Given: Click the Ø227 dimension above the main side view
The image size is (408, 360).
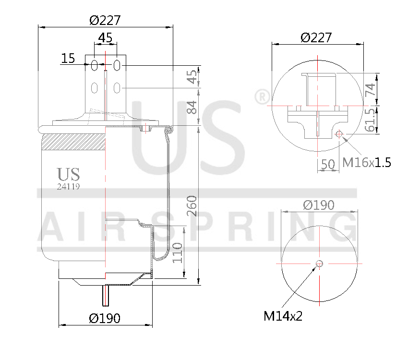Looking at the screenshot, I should pos(105,20).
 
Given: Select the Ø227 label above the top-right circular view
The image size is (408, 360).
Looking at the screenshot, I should pos(316,37).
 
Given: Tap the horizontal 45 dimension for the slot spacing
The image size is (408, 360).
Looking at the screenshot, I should pos(105,37).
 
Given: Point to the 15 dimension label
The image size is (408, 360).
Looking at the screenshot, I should pos(68,59).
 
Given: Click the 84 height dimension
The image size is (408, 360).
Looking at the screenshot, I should pos(192,107).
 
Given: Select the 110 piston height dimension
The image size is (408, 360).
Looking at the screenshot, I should pos(177,251).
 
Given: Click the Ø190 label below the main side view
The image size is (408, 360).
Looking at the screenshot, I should pos(105,318).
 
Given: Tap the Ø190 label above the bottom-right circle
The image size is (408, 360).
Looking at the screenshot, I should pos(319,205).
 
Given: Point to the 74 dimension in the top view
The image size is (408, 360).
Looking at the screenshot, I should pos(371,89).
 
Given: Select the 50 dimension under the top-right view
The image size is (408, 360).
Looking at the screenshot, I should pos(327,164).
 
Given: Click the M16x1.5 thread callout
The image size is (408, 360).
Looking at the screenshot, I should pos(366,162).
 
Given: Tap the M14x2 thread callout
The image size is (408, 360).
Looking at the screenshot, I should pos(283,316).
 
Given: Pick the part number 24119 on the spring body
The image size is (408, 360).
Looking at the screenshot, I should pos(68,187).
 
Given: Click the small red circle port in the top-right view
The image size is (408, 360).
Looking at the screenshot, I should pos(339,133).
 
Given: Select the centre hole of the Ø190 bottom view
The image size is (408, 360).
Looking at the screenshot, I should pos(320,263).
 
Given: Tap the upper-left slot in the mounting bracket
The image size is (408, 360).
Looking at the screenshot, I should pos(95,65).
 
